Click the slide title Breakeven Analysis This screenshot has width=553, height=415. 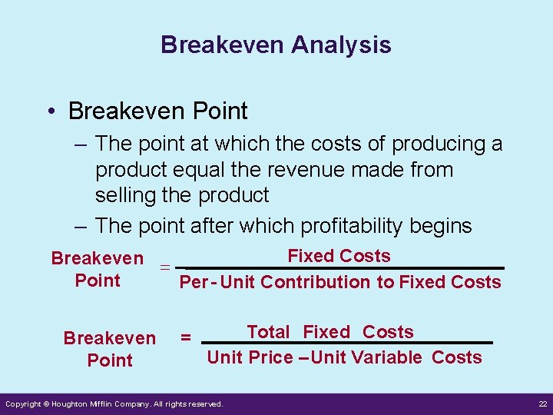point(276,45)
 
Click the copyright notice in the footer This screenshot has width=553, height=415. point(114,404)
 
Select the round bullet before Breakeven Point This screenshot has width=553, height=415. point(50,111)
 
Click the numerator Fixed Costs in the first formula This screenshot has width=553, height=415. point(338,256)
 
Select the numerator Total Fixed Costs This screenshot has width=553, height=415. point(330,332)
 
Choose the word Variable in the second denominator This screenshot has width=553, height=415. point(384,357)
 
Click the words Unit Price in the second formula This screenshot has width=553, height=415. point(250,357)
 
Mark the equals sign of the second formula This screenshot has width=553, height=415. point(185,337)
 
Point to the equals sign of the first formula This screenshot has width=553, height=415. point(164,268)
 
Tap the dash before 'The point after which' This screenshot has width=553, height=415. point(82,226)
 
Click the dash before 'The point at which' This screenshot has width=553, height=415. point(82,144)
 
